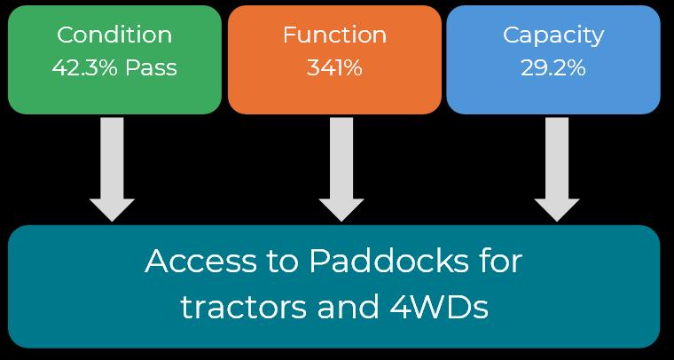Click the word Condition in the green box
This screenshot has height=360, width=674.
(x=114, y=35)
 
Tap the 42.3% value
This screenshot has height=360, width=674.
(x=83, y=68)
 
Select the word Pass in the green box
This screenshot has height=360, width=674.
(x=150, y=68)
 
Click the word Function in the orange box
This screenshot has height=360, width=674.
(x=334, y=35)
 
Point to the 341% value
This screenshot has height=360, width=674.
(x=334, y=68)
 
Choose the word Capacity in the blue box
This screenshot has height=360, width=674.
(x=553, y=35)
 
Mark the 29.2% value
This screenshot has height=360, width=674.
(x=553, y=68)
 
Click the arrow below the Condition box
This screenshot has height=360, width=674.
(x=112, y=164)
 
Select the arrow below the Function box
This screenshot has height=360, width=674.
(x=341, y=164)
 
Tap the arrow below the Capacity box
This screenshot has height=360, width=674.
(x=557, y=164)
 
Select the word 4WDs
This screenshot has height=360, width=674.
(x=439, y=308)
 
